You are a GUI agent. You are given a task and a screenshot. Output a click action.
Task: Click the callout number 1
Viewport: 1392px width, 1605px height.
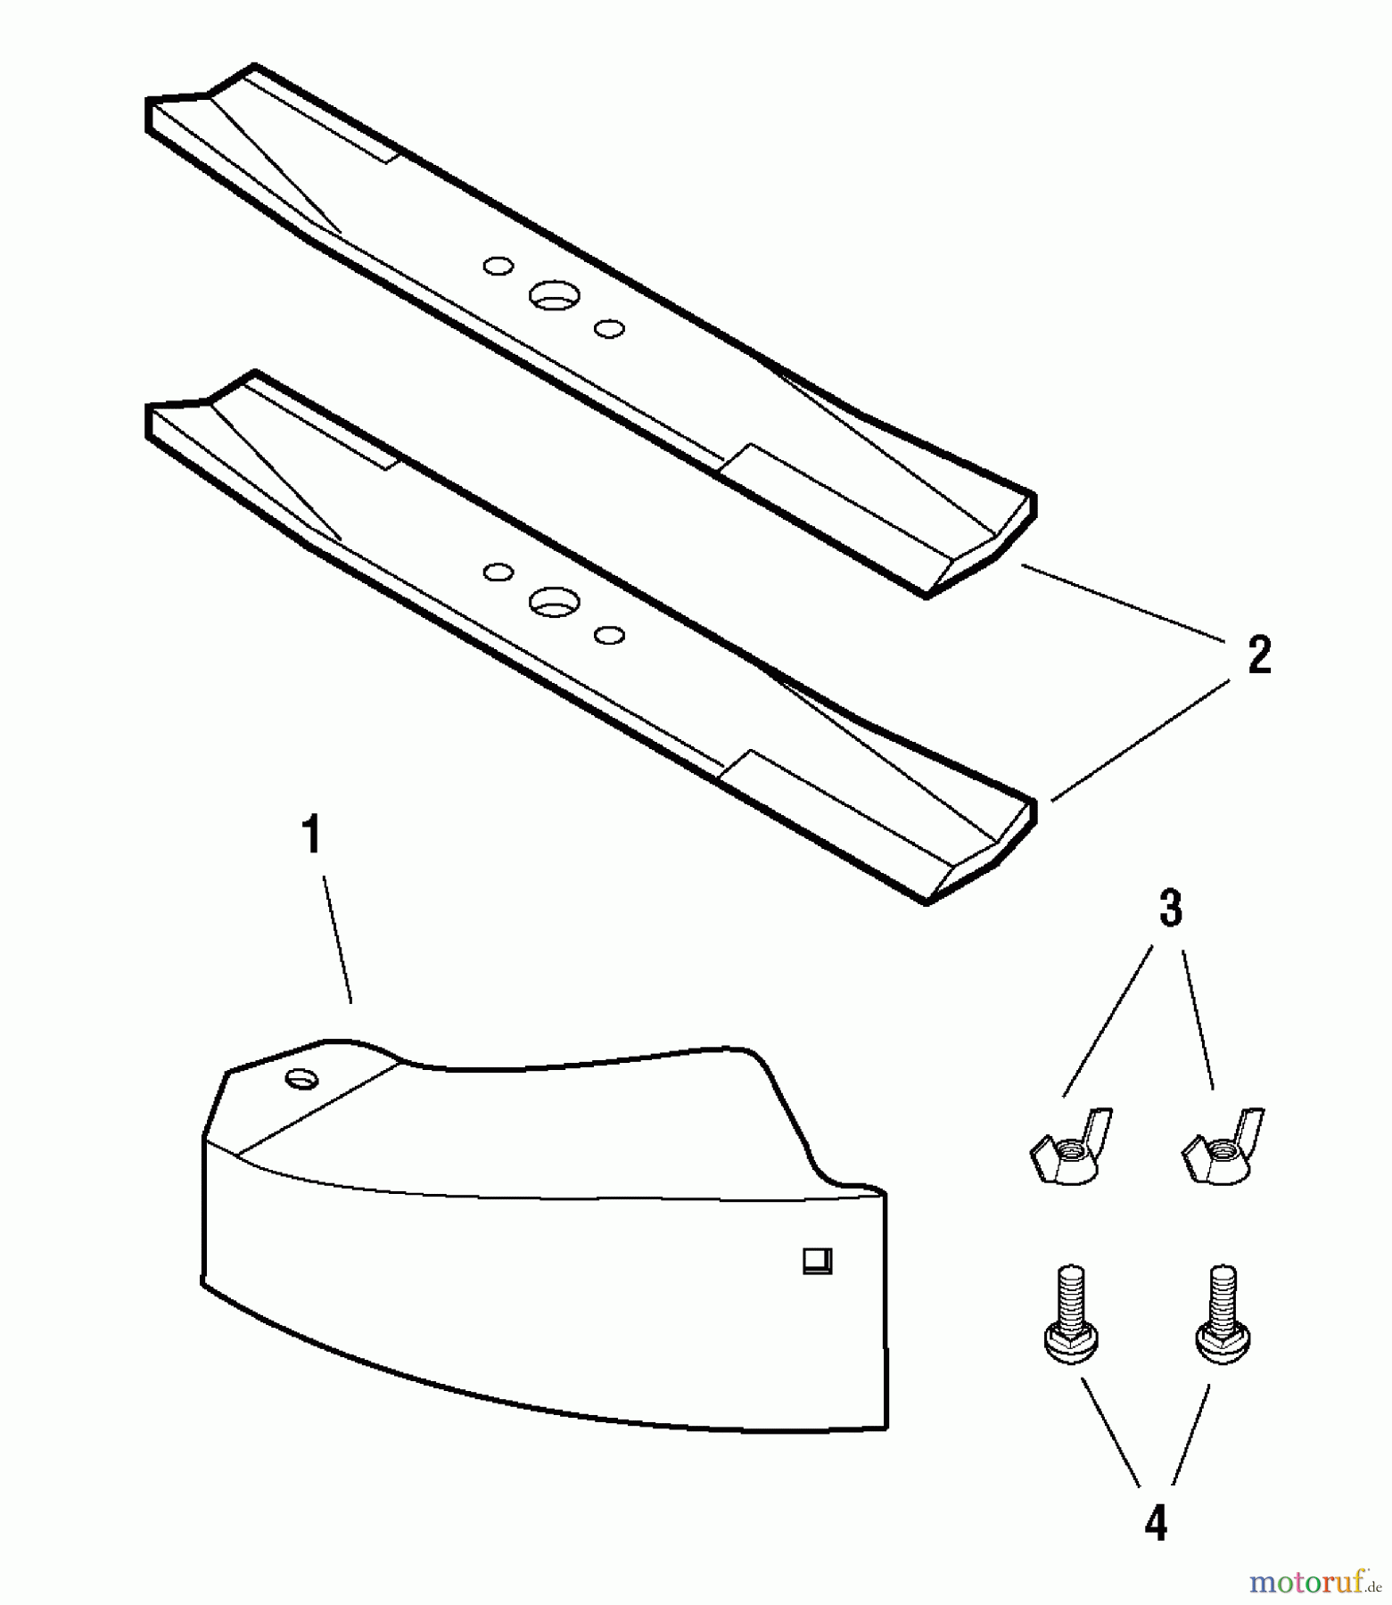click(x=310, y=837)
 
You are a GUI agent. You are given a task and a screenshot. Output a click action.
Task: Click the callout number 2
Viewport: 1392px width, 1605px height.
click(x=1258, y=655)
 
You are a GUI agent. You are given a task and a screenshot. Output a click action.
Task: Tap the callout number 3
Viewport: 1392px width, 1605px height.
click(x=1170, y=909)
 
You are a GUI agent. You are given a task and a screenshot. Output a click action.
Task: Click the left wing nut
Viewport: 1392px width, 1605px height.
click(x=1069, y=1148)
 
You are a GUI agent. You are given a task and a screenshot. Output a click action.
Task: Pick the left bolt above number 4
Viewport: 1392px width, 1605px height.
click(x=1070, y=1313)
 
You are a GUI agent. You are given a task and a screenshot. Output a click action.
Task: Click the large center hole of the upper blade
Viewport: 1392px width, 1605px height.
click(x=555, y=295)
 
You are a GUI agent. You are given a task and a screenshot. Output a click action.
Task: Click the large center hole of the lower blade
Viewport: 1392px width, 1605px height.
click(x=555, y=602)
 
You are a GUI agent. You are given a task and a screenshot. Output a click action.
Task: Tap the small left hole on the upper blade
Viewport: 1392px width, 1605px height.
click(x=498, y=266)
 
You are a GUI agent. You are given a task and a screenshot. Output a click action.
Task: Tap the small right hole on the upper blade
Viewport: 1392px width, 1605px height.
click(x=609, y=329)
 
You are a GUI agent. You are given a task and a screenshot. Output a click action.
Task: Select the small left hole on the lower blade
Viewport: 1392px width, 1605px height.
click(x=498, y=572)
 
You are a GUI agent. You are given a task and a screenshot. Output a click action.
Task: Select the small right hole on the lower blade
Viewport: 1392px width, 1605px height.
click(x=609, y=636)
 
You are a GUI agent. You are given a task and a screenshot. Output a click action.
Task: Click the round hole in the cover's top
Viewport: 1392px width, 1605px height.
click(x=302, y=1079)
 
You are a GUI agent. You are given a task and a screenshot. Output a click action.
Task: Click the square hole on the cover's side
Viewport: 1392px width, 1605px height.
click(x=818, y=1261)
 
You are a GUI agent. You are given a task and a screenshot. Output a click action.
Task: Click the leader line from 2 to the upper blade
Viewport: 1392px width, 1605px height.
click(x=1122, y=602)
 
